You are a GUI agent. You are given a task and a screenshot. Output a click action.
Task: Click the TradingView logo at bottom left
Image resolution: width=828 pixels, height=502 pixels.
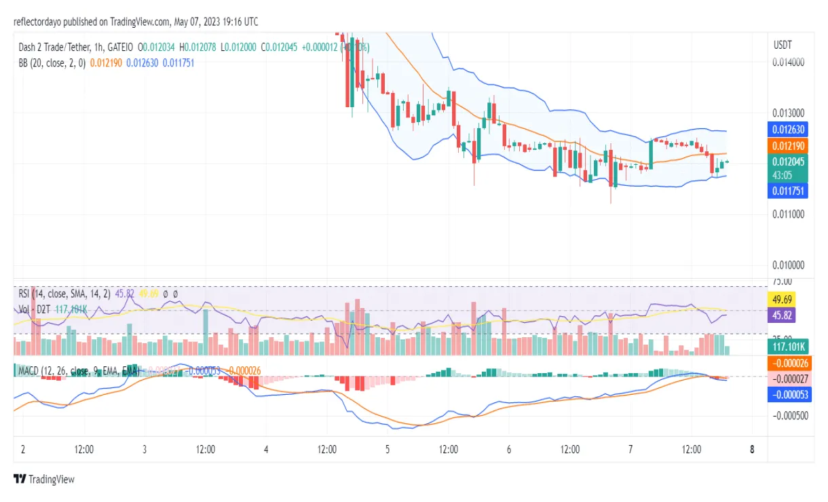coord(43,479)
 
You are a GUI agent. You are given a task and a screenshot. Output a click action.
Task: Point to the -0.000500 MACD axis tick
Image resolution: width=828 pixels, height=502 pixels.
coord(790,416)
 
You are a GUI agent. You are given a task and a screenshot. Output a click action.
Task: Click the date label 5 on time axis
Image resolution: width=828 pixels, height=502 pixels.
coord(388,449)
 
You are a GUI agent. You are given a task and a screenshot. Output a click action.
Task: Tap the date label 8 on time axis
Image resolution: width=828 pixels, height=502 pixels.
coord(752,449)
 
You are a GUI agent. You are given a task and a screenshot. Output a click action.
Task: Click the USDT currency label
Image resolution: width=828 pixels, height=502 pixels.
coord(783,45)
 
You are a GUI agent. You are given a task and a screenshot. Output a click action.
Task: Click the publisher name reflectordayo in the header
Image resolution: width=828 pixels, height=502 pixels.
coord(41,22)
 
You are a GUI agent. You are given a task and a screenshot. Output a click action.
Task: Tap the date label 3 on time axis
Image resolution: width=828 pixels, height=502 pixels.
coord(145,449)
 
